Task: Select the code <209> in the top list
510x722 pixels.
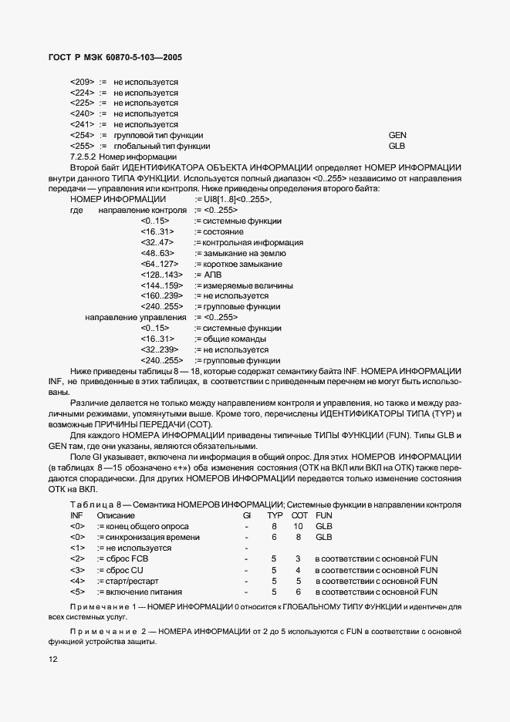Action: point(82,82)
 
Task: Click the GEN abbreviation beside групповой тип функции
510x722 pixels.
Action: point(397,135)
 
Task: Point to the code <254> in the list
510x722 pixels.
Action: point(82,135)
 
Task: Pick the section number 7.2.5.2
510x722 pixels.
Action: point(85,157)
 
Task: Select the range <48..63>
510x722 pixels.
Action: point(157,253)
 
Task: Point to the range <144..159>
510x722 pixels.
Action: point(161,285)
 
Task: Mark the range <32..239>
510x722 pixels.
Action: point(161,350)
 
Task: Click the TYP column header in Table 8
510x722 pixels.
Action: point(275,515)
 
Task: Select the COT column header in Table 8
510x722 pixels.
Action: point(299,515)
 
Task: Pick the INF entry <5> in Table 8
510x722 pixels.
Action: point(77,591)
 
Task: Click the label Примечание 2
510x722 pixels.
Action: point(102,631)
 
